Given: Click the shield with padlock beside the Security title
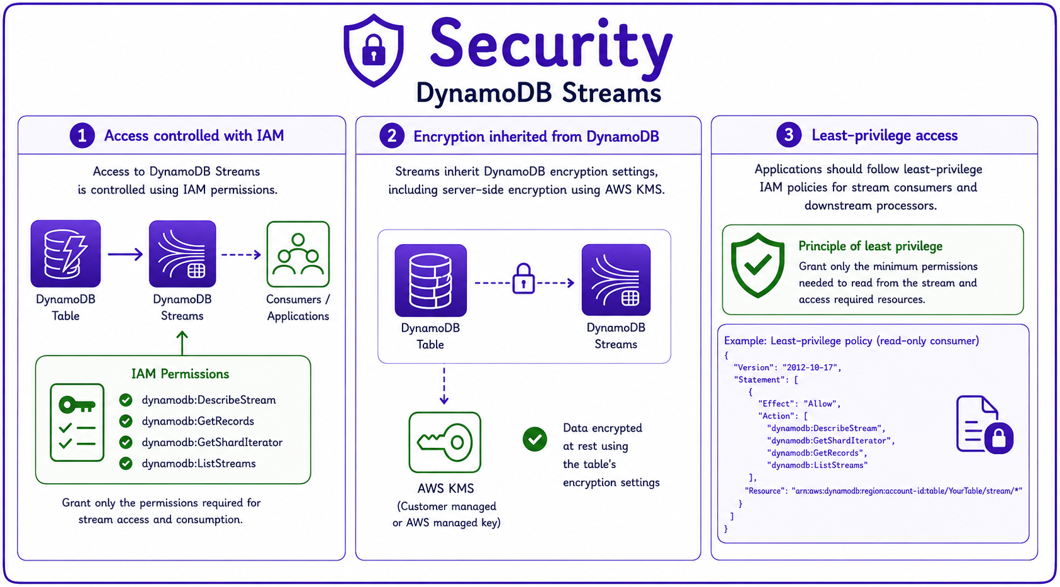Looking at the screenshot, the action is pos(374,51).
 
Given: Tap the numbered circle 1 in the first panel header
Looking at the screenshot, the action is pos(82,136).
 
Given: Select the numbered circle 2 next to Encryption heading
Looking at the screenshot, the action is pos(392,137).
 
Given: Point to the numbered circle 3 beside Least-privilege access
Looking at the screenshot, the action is pos(789,135).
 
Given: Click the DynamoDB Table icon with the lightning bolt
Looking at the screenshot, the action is pos(66,254).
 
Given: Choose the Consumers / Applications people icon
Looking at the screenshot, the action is pos(298,254).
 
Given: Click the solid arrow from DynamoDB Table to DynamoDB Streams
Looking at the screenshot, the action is pos(125,254).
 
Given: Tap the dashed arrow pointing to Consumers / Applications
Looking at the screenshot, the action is pos(242,255).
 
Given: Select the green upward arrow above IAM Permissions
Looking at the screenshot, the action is pos(182,343).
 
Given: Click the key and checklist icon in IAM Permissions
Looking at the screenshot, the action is pos(77,422).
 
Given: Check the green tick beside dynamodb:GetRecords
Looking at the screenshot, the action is pos(126,421).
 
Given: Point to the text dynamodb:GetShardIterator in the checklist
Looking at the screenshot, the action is pos(212,442).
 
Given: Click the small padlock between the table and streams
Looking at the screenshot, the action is pos(523,278).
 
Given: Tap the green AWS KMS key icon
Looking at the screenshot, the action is pos(445,442).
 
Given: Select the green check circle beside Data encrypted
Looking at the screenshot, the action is pos(535,439).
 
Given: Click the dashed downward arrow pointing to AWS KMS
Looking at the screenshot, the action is pos(444,384).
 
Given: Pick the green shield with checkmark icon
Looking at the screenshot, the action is pos(757,265).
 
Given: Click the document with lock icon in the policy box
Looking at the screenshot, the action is pos(985,425).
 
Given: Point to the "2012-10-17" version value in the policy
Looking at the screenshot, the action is pos(810,367).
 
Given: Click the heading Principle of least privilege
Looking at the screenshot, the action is pos(870,246).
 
